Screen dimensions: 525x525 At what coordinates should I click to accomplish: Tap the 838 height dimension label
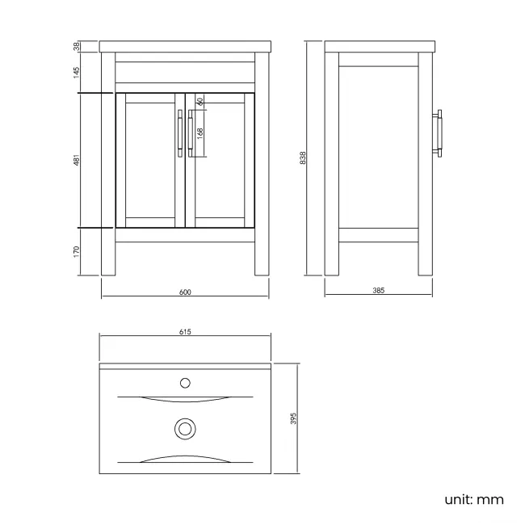(302, 158)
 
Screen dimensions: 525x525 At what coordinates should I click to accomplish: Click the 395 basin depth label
(294, 418)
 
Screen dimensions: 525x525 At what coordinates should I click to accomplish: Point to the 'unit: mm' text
(474, 499)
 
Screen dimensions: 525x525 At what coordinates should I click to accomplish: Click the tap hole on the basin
(186, 381)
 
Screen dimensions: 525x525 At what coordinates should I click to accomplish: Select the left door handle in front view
(179, 134)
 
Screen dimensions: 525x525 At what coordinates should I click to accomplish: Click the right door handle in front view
(191, 134)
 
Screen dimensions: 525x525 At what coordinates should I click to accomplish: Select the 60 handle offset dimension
(199, 103)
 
